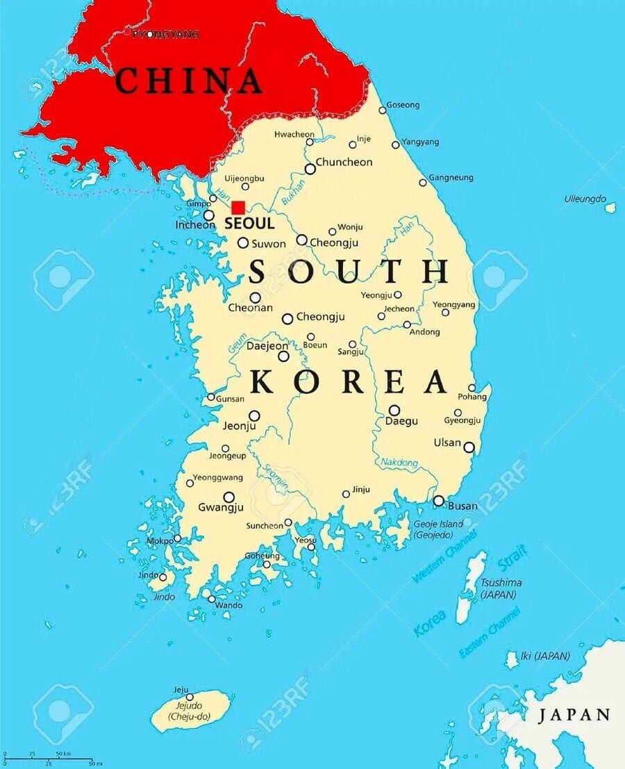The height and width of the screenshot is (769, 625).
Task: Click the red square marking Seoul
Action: tap(238, 207)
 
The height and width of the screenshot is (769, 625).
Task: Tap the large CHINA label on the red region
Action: tap(188, 82)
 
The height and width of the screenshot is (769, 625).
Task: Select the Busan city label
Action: tap(462, 506)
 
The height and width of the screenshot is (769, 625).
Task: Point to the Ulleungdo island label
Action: tap(585, 199)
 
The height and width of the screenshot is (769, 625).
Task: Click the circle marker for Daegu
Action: tap(394, 410)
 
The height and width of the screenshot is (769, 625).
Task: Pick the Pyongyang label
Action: tap(165, 34)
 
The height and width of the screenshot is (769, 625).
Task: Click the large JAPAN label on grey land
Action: tap(574, 715)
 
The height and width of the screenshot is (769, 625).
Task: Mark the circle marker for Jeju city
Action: tap(189, 697)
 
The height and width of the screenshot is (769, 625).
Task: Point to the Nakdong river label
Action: tap(399, 463)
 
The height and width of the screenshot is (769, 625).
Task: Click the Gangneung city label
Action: tap(451, 178)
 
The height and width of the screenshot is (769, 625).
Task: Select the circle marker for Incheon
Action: tap(208, 215)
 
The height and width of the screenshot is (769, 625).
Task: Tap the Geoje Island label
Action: tap(433, 529)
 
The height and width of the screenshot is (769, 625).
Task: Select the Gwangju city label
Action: tap(221, 508)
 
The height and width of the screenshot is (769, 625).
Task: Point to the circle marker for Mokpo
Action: tap(177, 538)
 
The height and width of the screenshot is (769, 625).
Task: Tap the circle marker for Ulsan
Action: tap(469, 447)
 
